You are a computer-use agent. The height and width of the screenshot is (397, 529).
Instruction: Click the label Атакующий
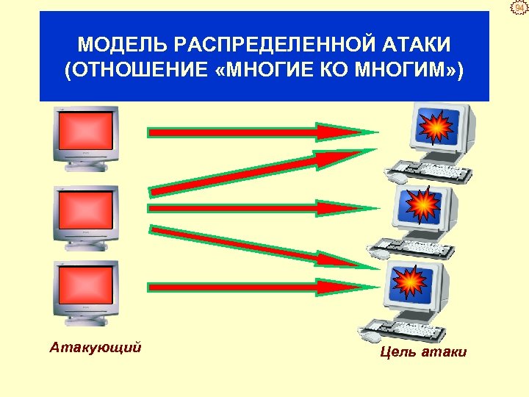(x=96, y=346)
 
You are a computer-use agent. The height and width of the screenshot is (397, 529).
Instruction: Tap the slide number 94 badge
(x=519, y=9)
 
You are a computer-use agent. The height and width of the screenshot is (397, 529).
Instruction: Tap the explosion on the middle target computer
(x=423, y=204)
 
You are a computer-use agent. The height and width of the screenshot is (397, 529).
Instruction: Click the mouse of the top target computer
(x=397, y=178)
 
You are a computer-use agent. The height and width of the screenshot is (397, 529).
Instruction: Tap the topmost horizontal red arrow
(x=257, y=132)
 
